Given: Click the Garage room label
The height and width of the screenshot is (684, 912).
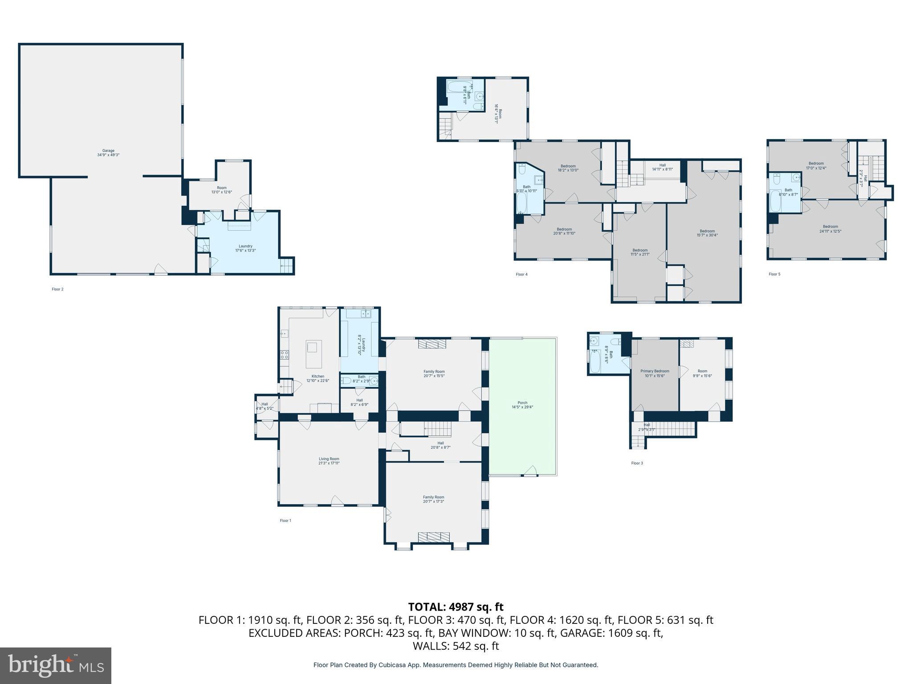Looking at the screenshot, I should click(x=109, y=153).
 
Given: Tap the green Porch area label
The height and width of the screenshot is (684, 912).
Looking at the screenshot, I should click(x=522, y=405).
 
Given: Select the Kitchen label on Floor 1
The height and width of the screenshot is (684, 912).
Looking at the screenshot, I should click(x=318, y=378).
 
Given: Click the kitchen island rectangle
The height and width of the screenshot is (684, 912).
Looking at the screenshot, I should click(x=313, y=354).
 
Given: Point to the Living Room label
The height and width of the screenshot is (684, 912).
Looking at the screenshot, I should click(x=329, y=461).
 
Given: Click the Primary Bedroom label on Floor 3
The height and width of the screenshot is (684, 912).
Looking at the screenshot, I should click(x=655, y=373).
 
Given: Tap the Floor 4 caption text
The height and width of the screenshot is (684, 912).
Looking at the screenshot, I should click(x=521, y=274).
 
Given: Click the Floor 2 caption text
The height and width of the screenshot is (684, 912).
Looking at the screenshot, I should click(x=57, y=289).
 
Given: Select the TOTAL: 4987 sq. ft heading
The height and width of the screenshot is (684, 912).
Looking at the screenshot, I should click(x=456, y=607).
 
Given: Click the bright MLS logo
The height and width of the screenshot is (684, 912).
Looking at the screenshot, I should click(x=55, y=665).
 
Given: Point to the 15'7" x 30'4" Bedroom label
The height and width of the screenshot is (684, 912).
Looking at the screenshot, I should click(x=707, y=233).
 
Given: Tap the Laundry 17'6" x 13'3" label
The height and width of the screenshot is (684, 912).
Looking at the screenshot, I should click(x=245, y=248).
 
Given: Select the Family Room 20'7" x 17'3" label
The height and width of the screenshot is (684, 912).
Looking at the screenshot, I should click(x=433, y=499).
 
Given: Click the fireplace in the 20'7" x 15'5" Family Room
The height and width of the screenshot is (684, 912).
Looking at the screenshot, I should click(x=432, y=344).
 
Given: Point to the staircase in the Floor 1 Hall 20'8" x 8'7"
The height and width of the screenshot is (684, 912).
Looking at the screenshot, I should click(x=438, y=429).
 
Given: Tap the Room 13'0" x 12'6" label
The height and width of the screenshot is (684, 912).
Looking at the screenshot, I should click(x=221, y=190).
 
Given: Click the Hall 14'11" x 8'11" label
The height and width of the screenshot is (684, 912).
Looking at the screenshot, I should click(x=662, y=167).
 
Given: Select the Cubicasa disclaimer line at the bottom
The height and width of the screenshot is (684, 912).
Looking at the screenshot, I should click(x=456, y=665).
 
